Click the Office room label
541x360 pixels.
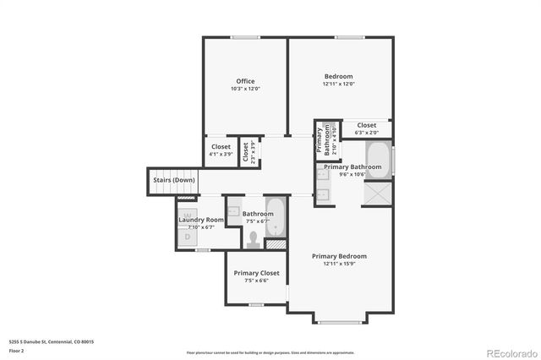click(245, 81)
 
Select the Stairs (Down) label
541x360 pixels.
click(173, 180)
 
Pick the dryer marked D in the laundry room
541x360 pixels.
click(188, 237)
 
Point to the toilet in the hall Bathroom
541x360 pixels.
click(253, 239)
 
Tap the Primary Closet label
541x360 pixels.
click(257, 273)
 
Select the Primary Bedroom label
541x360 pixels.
click(339, 256)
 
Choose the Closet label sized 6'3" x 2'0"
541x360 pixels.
click(366, 125)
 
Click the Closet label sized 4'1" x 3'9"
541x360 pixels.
click(221, 146)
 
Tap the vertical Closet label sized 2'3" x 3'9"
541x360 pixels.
click(246, 152)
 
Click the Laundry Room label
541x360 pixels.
click(201, 220)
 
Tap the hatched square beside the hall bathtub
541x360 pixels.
click(275, 244)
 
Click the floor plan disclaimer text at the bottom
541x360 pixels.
click(271, 352)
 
